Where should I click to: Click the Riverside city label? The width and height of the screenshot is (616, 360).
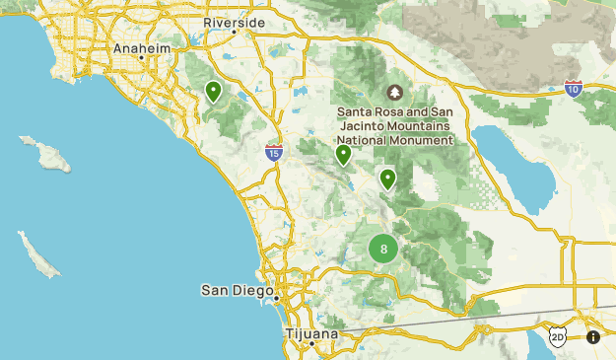pyautogui.click(x=235, y=22)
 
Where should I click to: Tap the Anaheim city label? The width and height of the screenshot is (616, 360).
pyautogui.click(x=142, y=47)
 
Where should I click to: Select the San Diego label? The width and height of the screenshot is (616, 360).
pyautogui.click(x=236, y=289)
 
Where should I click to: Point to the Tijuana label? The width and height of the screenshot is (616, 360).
pyautogui.click(x=311, y=333)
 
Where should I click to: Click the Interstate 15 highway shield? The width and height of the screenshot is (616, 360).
pyautogui.click(x=274, y=153)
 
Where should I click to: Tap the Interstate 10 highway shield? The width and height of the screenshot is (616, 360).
pyautogui.click(x=574, y=90)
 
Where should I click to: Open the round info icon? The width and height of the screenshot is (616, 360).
pyautogui.click(x=593, y=336)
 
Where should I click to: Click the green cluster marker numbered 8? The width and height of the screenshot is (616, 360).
pyautogui.click(x=383, y=249)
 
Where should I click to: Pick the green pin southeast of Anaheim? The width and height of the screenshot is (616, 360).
pyautogui.click(x=213, y=92)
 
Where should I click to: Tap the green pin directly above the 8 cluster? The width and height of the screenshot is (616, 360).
pyautogui.click(x=387, y=179)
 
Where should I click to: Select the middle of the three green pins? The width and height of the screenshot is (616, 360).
pyautogui.click(x=343, y=155)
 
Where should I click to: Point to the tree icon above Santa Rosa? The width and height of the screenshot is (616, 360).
pyautogui.click(x=395, y=93)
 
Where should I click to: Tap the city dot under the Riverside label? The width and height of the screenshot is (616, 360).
pyautogui.click(x=235, y=33)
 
